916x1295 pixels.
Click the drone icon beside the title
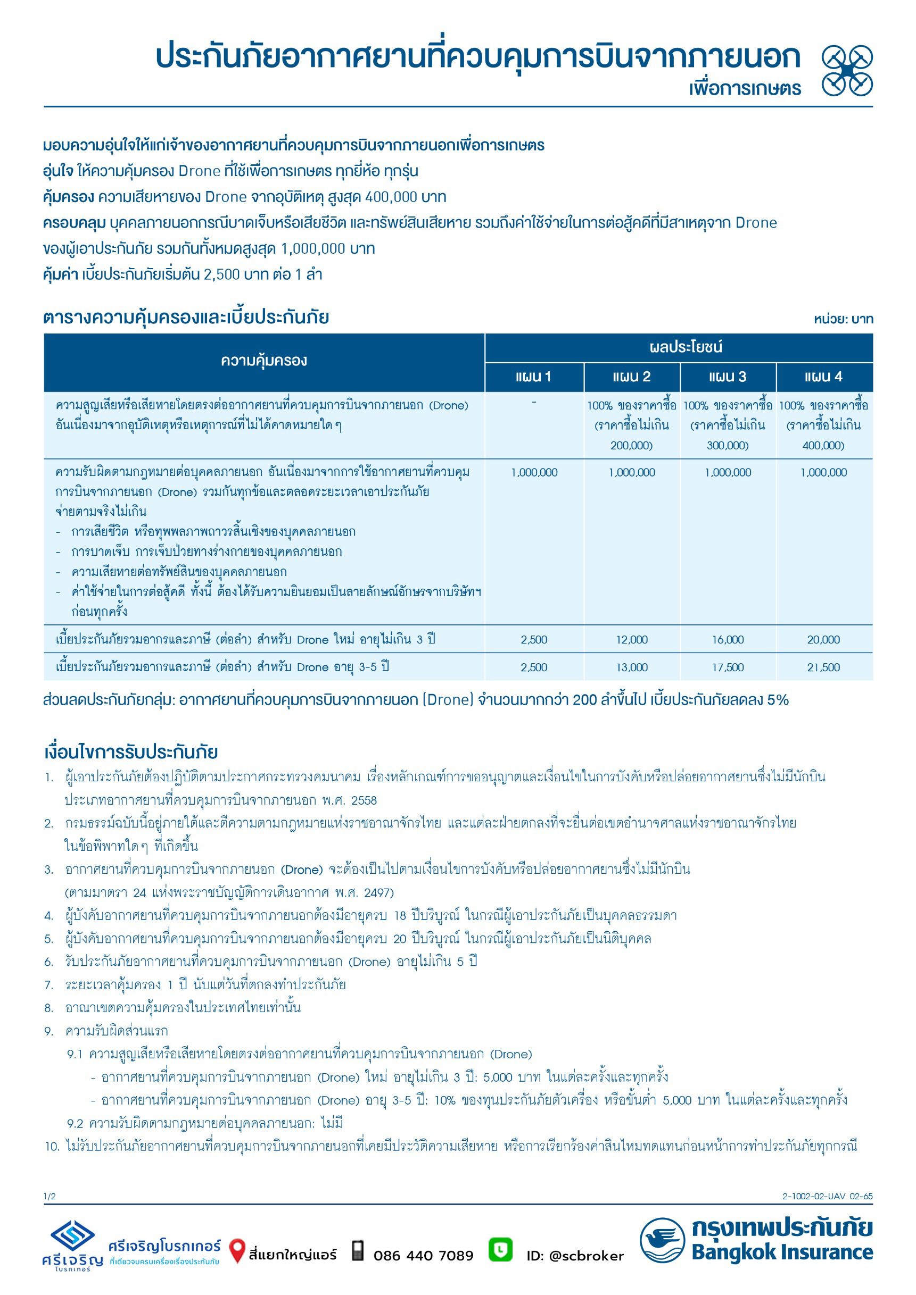tap(847, 70)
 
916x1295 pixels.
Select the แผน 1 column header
tap(533, 377)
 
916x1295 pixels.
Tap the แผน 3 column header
tap(728, 377)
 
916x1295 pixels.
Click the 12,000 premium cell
tap(632, 640)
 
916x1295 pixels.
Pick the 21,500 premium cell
tap(823, 667)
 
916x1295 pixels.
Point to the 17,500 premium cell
tap(728, 667)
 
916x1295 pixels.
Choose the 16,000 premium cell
tap(728, 640)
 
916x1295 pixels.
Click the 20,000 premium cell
tap(823, 640)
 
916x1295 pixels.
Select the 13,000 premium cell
tap(632, 667)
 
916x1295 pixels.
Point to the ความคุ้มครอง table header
tap(263, 361)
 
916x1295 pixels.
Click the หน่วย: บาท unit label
tap(843, 319)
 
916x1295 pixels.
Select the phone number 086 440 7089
tap(423, 1256)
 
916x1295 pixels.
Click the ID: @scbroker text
tap(575, 1256)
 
